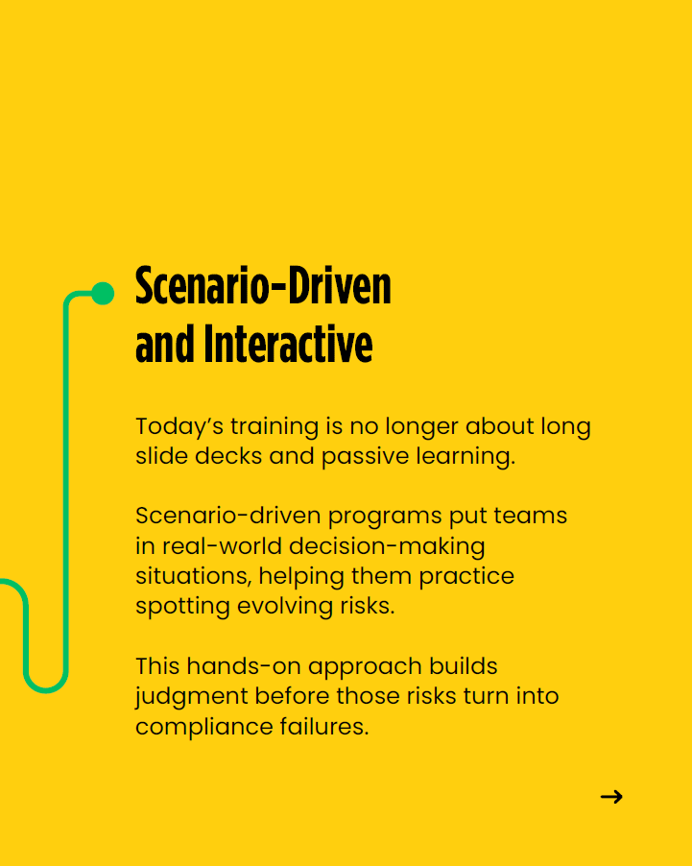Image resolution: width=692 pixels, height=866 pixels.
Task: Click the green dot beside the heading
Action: pyautogui.click(x=103, y=293)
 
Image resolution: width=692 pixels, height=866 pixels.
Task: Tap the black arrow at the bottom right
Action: pyautogui.click(x=611, y=797)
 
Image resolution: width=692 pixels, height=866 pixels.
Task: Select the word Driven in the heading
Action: pyautogui.click(x=340, y=285)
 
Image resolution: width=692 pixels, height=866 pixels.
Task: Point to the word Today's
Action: pyautogui.click(x=179, y=426)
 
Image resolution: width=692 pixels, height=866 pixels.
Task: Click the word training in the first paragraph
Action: pyautogui.click(x=274, y=427)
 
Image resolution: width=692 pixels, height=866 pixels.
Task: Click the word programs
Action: pyautogui.click(x=385, y=517)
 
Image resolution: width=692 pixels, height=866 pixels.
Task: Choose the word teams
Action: pyautogui.click(x=530, y=516)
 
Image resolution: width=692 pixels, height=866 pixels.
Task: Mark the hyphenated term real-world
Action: pyautogui.click(x=222, y=546)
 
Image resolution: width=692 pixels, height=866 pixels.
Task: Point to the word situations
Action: pyautogui.click(x=194, y=577)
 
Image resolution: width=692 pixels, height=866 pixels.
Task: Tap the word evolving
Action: pyautogui.click(x=285, y=607)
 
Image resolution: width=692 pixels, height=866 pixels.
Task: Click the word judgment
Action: pyautogui.click(x=192, y=697)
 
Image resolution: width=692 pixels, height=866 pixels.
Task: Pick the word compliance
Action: pyautogui.click(x=204, y=727)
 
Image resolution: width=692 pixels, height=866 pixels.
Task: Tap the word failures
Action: pyautogui.click(x=324, y=726)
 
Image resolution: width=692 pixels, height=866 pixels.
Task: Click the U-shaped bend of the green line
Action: pyautogui.click(x=46, y=688)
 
